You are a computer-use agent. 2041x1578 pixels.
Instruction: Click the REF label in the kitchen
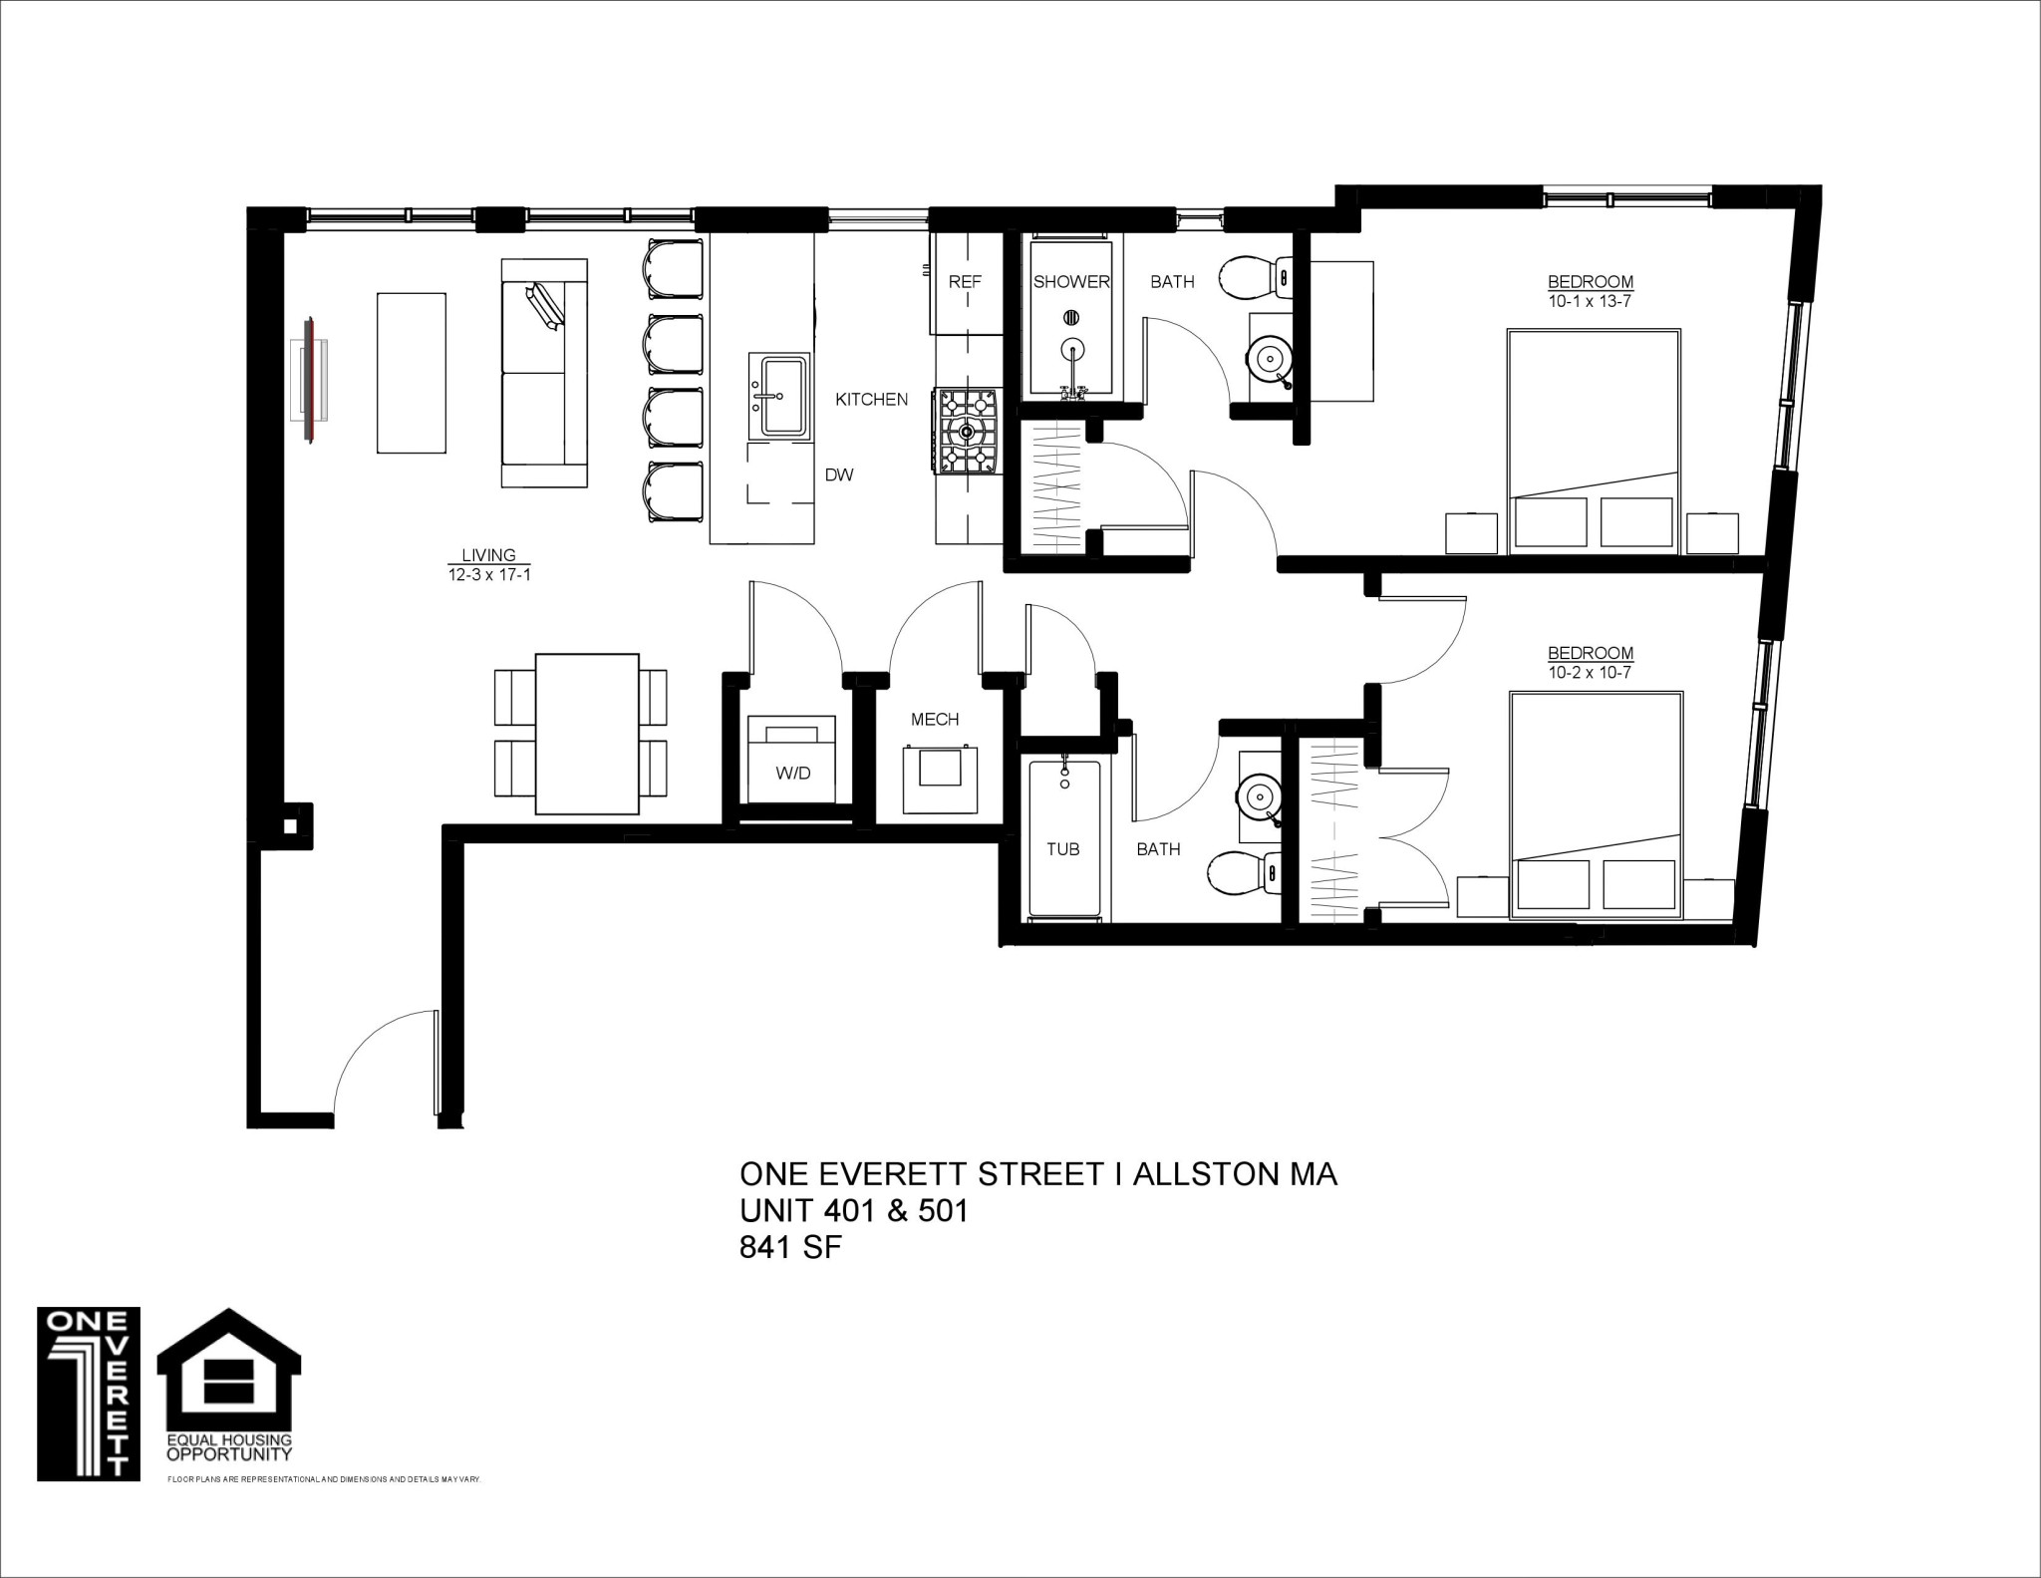965,282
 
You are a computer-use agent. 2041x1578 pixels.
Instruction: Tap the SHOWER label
1071,282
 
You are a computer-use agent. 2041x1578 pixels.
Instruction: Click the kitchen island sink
785,396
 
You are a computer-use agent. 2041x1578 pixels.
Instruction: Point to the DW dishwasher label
839,475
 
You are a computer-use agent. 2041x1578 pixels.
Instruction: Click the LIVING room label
488,555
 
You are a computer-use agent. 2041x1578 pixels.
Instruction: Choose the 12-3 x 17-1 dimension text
488,574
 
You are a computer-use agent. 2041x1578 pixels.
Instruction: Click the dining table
587,734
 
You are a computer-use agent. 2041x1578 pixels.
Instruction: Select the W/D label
793,773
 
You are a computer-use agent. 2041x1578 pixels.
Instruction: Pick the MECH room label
935,719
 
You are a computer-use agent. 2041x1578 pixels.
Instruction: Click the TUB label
1063,849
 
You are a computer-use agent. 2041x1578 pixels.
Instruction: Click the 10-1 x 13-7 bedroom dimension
1590,301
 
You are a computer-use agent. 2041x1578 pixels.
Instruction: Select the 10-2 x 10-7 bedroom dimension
1590,673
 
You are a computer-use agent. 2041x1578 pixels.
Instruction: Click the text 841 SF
790,1247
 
